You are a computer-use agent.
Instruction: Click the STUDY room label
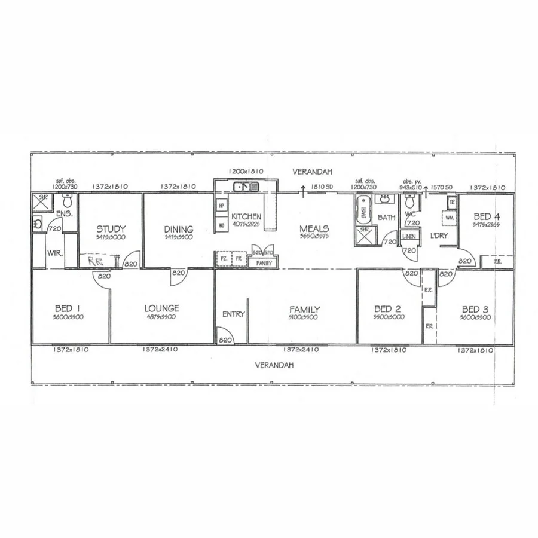(111, 228)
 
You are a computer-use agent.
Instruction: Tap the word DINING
(179, 228)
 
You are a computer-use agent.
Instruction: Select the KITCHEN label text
(246, 216)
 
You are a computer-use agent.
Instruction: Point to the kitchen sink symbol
(246, 187)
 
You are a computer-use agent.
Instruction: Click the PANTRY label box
(264, 262)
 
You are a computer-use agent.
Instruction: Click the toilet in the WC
(409, 199)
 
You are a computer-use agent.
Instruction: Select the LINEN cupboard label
(409, 236)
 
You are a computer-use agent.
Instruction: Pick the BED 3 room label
(475, 309)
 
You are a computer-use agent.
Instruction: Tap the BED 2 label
(387, 309)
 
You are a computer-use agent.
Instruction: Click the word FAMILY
(304, 309)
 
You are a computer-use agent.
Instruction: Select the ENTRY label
(233, 314)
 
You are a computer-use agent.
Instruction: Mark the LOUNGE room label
(161, 308)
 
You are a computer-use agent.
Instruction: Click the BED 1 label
(68, 308)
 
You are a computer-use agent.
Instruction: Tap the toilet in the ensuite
(67, 200)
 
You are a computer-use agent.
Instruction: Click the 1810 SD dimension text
(322, 187)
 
